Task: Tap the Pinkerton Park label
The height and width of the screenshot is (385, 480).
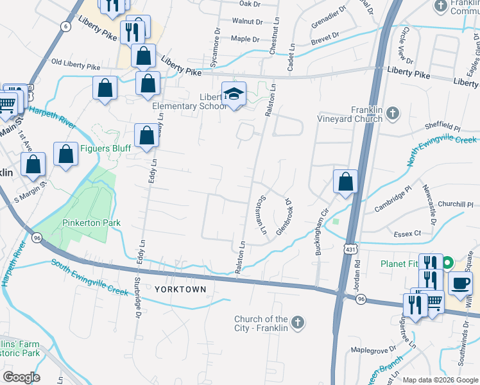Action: (x=92, y=223)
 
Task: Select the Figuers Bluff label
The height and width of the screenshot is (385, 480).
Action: (x=105, y=149)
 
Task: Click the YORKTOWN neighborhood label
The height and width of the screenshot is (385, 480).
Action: (x=181, y=289)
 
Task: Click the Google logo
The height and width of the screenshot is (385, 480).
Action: (x=22, y=377)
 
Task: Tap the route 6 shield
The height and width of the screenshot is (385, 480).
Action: (x=65, y=26)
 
